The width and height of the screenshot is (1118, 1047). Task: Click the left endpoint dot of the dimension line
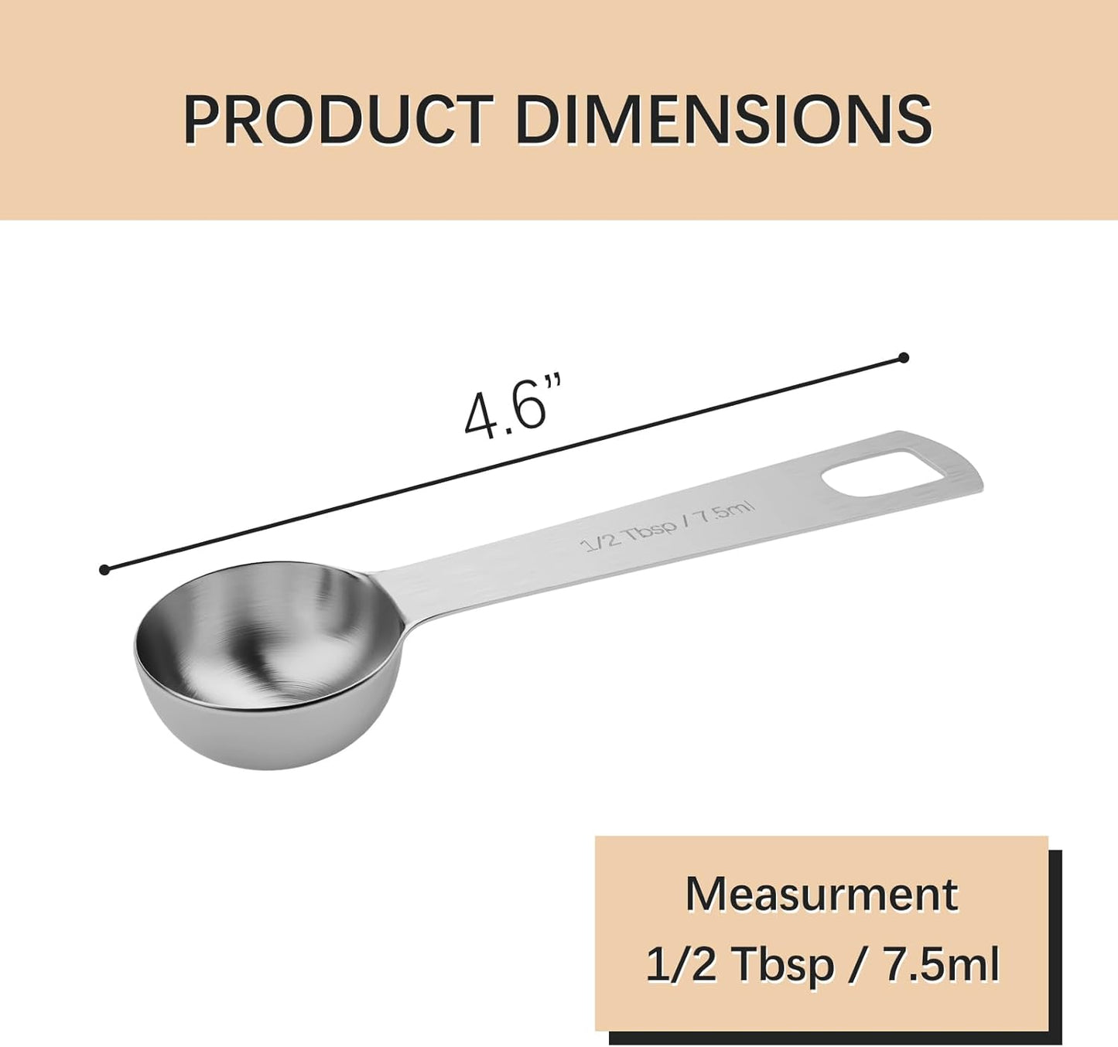point(104,570)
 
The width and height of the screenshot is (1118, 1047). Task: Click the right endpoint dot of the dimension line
point(904,357)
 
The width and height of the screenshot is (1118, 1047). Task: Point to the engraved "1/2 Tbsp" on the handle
point(628,533)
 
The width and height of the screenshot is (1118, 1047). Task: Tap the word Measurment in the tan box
point(821,895)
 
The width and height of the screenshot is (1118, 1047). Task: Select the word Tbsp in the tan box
point(782,965)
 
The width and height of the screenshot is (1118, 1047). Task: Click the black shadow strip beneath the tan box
point(836,1038)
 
